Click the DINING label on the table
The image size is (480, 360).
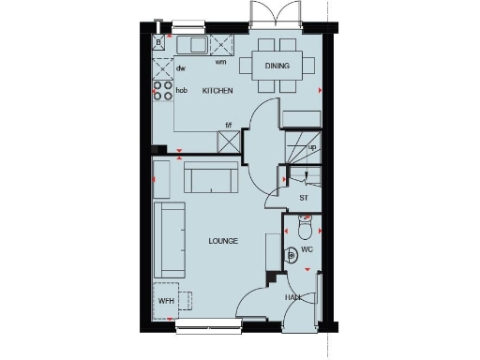tap(277, 67)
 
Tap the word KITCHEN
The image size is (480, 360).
tap(217, 90)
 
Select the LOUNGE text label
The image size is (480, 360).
tap(223, 241)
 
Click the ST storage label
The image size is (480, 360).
tap(304, 198)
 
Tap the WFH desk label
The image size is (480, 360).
tap(166, 301)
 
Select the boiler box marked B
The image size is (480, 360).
tap(159, 42)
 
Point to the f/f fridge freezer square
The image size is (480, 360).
tap(229, 141)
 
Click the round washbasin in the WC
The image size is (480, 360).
tap(292, 253)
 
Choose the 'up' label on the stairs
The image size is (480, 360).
tap(311, 147)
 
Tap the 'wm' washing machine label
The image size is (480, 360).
tap(221, 63)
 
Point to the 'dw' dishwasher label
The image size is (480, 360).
tap(180, 67)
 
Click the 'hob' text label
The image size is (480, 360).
tap(182, 91)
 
